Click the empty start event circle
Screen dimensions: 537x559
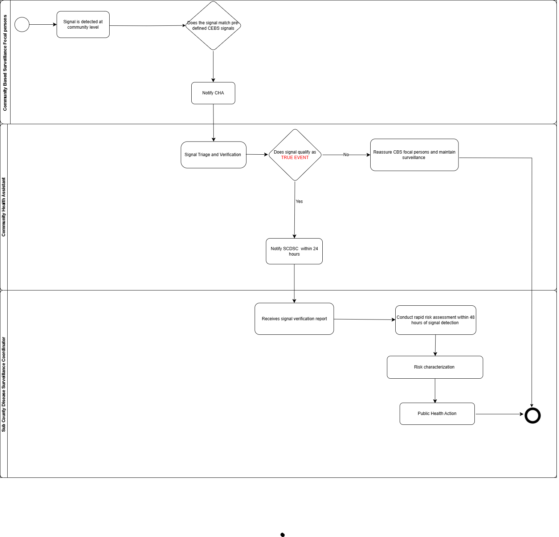[22, 25]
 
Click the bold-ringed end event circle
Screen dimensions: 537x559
[533, 415]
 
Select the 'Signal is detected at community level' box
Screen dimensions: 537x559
[83, 24]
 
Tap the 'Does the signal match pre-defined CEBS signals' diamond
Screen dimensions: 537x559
[213, 26]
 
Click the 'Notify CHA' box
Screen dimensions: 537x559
[213, 93]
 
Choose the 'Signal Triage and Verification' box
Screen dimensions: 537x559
[213, 155]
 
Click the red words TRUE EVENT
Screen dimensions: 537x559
[295, 158]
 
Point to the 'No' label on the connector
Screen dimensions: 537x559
[346, 155]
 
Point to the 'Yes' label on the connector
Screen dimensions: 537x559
[299, 202]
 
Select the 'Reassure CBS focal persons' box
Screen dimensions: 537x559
[414, 155]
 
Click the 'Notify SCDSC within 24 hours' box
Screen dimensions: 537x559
[294, 251]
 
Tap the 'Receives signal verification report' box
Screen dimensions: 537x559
[294, 319]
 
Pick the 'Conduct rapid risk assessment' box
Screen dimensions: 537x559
[435, 320]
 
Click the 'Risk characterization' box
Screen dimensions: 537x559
[434, 367]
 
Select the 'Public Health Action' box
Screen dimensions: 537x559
[437, 414]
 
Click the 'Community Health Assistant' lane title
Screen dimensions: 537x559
[4, 207]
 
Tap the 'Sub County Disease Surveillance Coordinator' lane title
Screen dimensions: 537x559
[4, 384]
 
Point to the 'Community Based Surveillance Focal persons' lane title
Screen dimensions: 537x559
[5, 62]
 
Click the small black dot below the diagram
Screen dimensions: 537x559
[282, 534]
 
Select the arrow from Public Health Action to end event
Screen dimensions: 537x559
[499, 414]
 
